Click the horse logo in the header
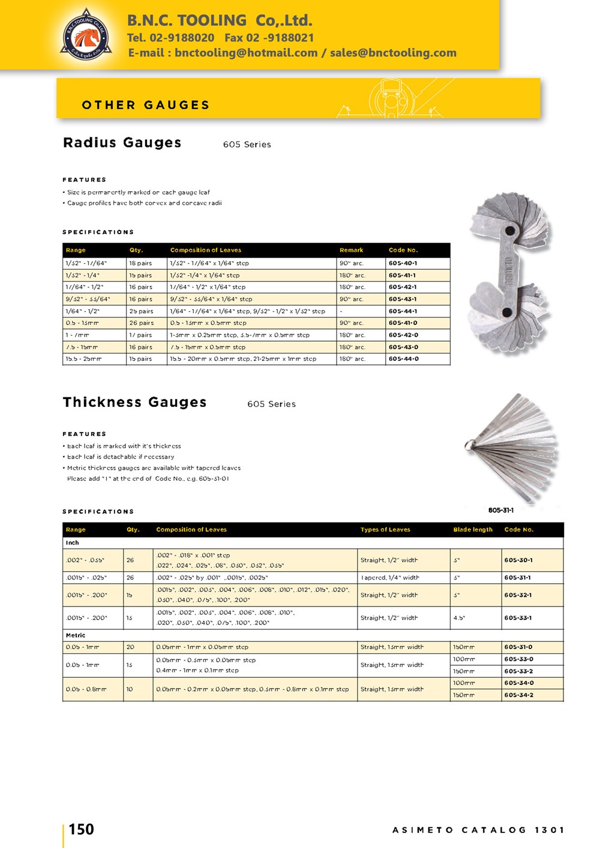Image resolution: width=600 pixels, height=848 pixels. (x=86, y=35)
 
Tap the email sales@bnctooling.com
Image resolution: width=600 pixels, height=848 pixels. (x=393, y=53)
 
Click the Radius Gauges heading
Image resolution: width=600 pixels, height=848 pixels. (x=122, y=143)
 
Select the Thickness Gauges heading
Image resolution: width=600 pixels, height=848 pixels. (x=134, y=402)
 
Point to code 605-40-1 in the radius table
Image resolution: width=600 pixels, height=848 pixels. (x=403, y=263)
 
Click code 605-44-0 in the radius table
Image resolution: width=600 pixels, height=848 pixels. (x=403, y=359)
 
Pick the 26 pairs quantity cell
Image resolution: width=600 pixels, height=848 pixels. (x=142, y=323)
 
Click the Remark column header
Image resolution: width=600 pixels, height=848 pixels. (x=351, y=250)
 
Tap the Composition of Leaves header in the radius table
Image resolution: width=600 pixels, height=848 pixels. (x=205, y=250)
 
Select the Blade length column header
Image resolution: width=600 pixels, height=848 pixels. (x=473, y=530)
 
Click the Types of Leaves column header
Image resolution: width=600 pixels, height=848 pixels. (x=385, y=530)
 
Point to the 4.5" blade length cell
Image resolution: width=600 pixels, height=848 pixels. (x=459, y=618)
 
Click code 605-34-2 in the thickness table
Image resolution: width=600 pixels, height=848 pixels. (x=518, y=695)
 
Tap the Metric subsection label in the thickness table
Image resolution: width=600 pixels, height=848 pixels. (x=76, y=635)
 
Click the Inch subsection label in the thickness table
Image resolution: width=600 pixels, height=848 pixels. (x=73, y=542)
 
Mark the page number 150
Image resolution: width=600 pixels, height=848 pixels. (x=81, y=829)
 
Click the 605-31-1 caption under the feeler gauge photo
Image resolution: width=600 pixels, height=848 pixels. (x=500, y=510)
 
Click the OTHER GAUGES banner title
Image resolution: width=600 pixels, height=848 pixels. (x=146, y=105)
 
